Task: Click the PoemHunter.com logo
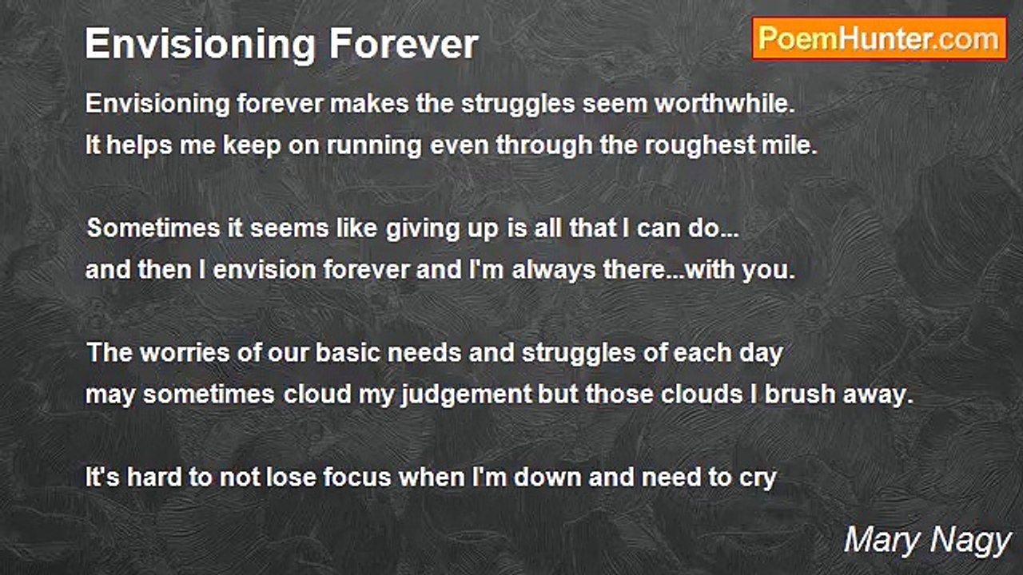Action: [879, 38]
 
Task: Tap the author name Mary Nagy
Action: [927, 541]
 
